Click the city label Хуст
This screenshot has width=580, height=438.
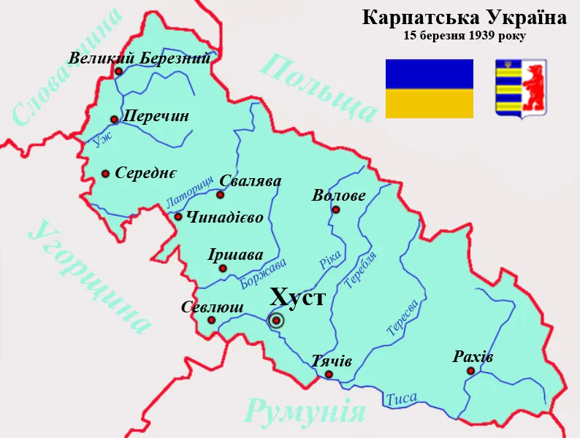tap(297, 298)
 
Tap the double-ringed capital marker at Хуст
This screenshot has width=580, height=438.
tap(277, 320)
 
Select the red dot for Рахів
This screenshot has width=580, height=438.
tap(470, 371)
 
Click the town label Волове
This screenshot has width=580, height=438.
tap(338, 196)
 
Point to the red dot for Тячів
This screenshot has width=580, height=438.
tap(329, 374)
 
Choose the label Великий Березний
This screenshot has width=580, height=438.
tap(140, 58)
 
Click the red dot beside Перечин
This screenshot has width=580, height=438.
tap(114, 120)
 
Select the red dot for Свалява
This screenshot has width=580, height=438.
tap(221, 195)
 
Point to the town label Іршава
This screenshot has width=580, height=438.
tap(235, 255)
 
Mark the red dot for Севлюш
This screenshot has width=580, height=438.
tap(211, 320)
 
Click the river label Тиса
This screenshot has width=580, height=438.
tap(401, 399)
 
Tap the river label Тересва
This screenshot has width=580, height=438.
tap(402, 318)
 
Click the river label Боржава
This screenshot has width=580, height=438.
tap(263, 274)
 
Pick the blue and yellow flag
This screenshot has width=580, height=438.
tap(429, 88)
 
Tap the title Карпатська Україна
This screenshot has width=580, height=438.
tap(464, 18)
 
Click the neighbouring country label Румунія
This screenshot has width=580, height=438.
tap(305, 412)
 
